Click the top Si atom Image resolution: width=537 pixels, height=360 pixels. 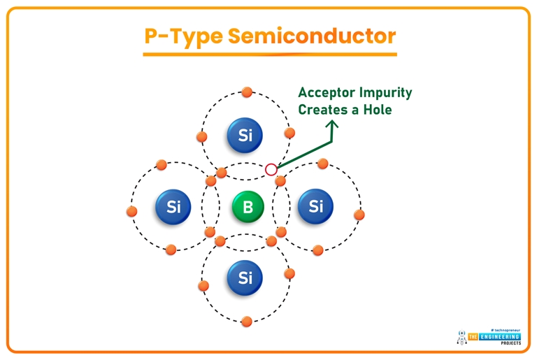[245, 136]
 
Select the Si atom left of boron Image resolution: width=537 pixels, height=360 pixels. [173, 206]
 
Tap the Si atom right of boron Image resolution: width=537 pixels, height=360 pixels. [316, 206]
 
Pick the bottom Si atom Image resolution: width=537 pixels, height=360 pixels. [245, 278]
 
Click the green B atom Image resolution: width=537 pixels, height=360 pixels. [248, 208]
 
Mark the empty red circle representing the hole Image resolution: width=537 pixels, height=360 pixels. [271, 169]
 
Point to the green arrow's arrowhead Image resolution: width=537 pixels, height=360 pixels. [331, 124]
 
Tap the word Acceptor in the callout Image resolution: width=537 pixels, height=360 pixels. [327, 92]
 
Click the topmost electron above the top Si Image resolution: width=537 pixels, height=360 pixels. [246, 92]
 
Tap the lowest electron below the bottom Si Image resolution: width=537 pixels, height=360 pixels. [246, 322]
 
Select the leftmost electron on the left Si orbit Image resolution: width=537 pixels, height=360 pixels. [131, 211]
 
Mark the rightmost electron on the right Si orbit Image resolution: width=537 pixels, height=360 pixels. [359, 215]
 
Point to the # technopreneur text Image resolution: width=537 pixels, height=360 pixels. [506, 329]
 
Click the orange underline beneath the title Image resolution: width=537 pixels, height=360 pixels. [269, 54]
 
